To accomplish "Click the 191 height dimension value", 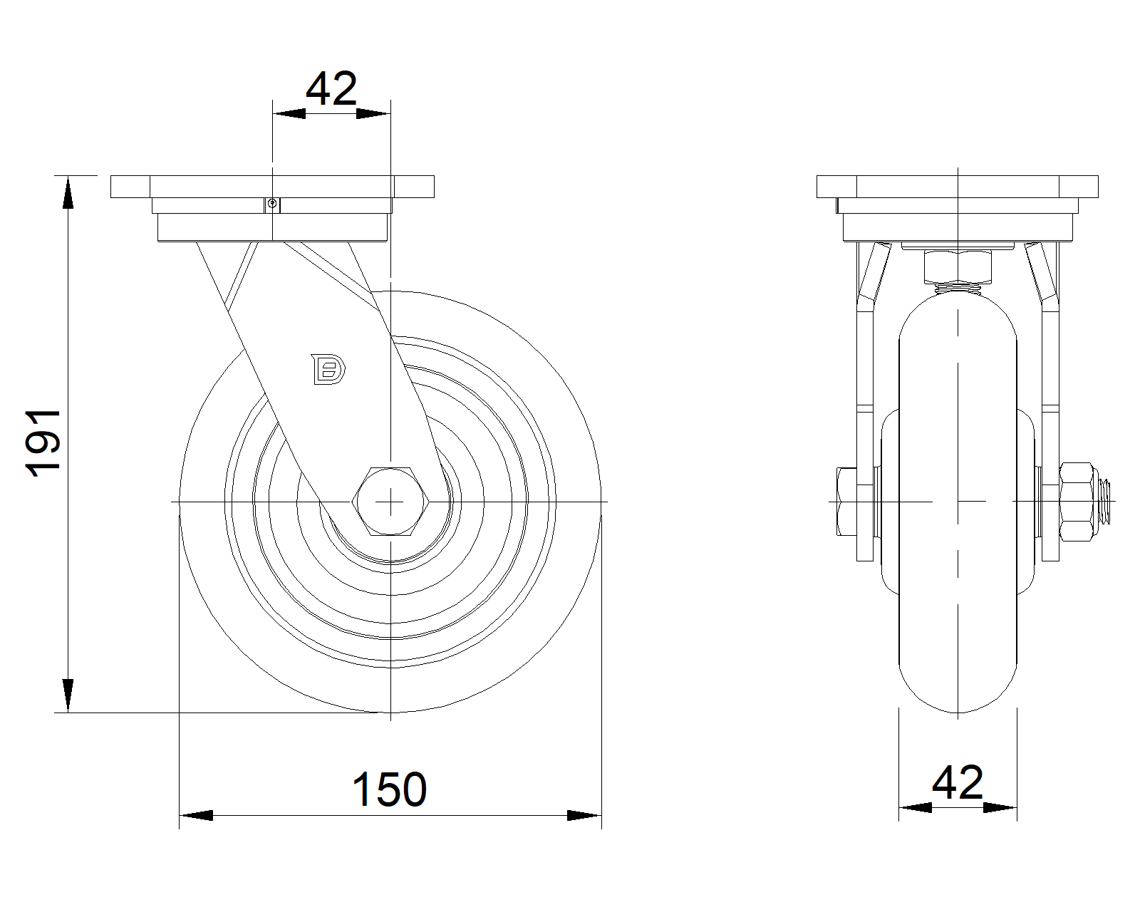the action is pos(43,443).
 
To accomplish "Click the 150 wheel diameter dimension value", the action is pos(389,789).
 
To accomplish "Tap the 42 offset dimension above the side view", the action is pos(331,88).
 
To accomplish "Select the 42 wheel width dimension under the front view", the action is pos(958,782).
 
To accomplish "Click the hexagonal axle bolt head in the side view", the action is pos(390,502).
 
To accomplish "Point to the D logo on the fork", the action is pos(328,369).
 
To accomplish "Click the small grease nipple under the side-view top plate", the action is pos(272,204).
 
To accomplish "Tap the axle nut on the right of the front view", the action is pos(1076,502).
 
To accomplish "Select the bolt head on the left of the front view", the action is pos(846,502).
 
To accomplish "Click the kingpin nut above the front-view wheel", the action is pos(958,268).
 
